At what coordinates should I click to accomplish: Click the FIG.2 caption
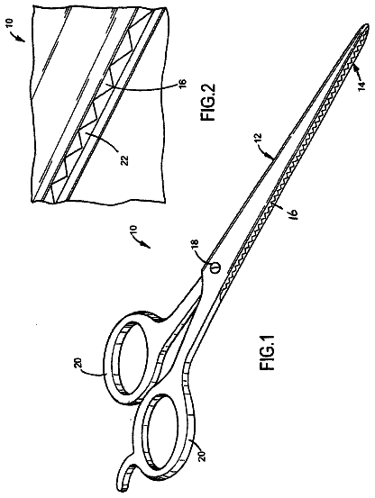click(208, 102)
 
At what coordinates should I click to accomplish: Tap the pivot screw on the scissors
click(215, 267)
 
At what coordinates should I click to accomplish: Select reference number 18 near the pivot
click(196, 245)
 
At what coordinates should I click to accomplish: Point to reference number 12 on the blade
click(259, 139)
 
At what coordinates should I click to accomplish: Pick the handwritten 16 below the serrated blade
click(292, 213)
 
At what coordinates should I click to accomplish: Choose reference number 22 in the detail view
click(126, 160)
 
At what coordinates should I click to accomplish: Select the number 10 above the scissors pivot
click(133, 231)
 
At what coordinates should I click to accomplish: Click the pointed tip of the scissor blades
click(368, 26)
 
